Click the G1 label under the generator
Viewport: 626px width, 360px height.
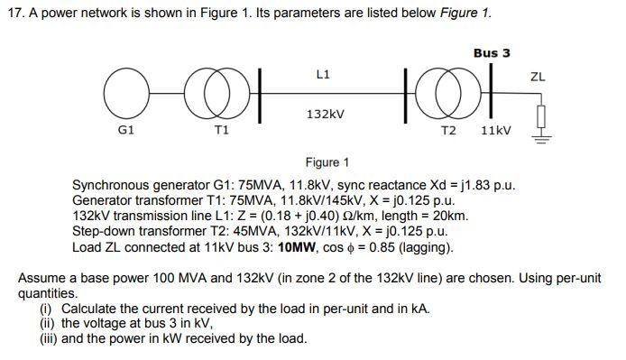click(126, 131)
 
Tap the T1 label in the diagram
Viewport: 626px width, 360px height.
click(221, 131)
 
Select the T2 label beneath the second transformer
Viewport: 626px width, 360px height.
click(447, 131)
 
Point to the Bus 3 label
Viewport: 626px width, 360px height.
click(492, 53)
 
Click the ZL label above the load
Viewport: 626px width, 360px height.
click(539, 78)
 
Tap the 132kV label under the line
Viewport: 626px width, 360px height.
click(326, 115)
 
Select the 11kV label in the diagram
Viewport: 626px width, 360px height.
click(495, 131)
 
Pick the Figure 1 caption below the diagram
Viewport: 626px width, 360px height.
click(327, 163)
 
